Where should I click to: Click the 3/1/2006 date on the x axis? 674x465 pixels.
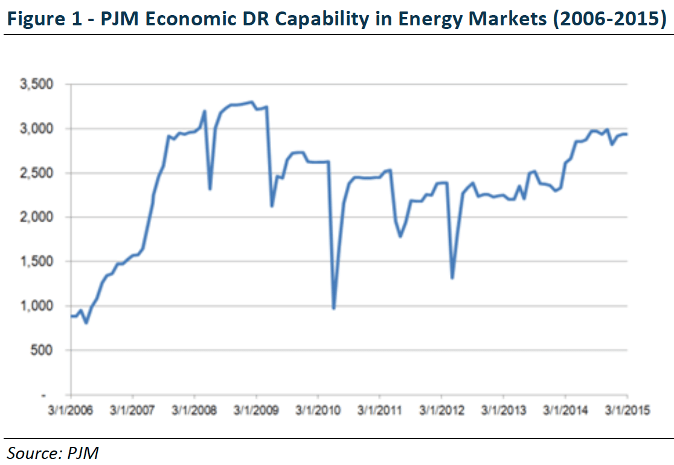tap(71, 411)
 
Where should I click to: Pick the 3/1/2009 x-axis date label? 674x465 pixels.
tap(257, 411)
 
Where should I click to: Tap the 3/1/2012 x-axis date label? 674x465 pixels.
tap(441, 411)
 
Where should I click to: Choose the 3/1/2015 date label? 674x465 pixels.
tap(626, 411)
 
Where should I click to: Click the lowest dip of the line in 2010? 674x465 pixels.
tap(333, 309)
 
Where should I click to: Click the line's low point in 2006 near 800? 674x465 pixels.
tap(86, 323)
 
